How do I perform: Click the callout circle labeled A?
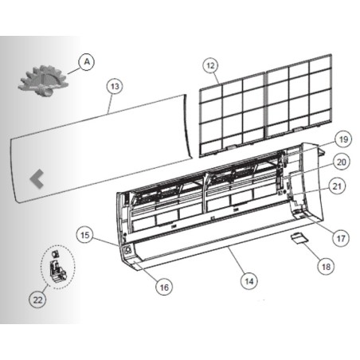(87, 62)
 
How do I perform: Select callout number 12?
(210, 65)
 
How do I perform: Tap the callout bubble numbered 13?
(115, 86)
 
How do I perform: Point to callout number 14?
(248, 281)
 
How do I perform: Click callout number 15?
(84, 235)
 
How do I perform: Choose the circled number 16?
(164, 287)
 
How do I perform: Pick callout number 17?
(341, 238)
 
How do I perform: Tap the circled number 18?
(326, 266)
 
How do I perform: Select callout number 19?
(343, 139)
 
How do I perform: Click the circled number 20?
(342, 162)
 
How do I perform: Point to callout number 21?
(337, 186)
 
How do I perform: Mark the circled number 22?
(37, 299)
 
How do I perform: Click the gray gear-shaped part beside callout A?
(43, 80)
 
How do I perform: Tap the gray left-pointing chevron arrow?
(37, 178)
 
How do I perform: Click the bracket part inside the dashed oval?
(58, 271)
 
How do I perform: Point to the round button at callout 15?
(128, 250)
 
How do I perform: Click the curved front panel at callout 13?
(101, 149)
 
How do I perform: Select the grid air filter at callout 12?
(265, 105)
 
